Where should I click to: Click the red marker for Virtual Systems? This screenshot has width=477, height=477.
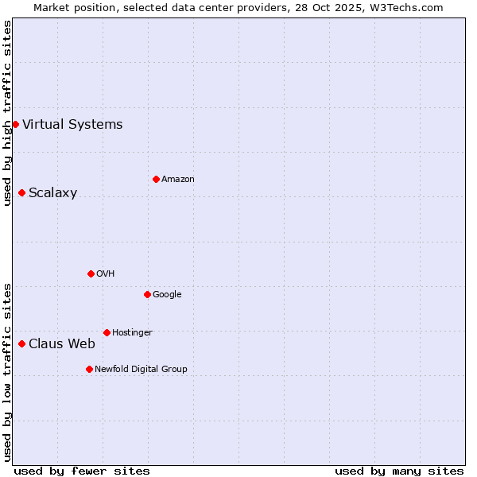[15, 124]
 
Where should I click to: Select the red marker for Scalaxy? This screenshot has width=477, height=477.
[21, 192]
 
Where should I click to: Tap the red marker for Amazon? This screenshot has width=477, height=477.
[156, 179]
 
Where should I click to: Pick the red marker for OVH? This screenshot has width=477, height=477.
[91, 273]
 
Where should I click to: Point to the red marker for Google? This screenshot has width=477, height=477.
[147, 294]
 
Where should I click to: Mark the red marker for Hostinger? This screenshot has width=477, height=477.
[107, 332]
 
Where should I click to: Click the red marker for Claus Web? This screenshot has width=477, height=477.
[21, 343]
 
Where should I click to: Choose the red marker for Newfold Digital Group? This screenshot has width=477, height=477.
[89, 369]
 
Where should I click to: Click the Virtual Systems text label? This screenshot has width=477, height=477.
[72, 124]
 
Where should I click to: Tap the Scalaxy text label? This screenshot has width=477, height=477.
[52, 193]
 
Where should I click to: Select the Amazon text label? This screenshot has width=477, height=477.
[177, 180]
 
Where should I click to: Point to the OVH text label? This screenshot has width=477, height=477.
[105, 274]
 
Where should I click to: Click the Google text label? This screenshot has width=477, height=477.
[167, 295]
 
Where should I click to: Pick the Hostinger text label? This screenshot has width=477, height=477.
[132, 333]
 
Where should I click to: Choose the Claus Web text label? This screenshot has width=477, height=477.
[61, 344]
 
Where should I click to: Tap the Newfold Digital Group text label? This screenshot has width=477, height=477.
[141, 370]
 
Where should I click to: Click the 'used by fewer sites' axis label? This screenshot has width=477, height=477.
[82, 471]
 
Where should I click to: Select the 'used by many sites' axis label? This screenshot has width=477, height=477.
[399, 471]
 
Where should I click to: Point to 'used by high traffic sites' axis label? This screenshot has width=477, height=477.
[7, 113]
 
